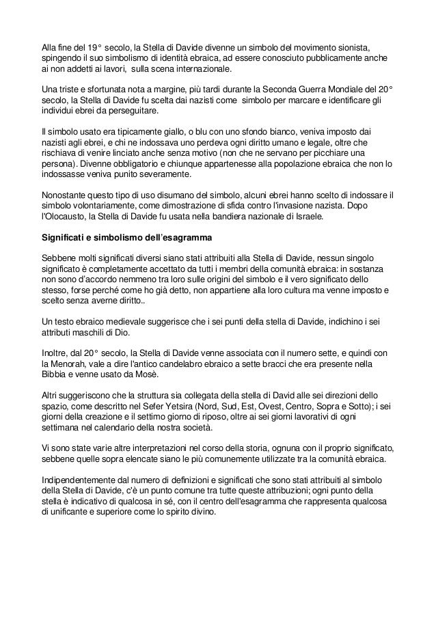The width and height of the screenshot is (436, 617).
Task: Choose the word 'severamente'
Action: [158, 176]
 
